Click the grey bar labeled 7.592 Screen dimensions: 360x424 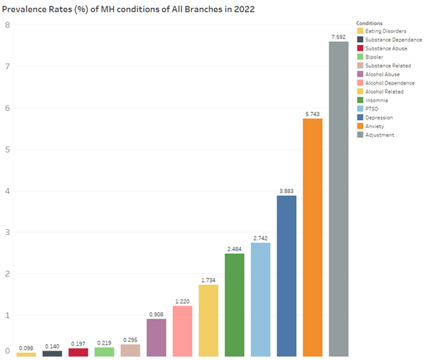point(339,200)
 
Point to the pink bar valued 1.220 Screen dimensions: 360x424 point(182,331)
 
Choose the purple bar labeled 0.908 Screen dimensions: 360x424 point(156,338)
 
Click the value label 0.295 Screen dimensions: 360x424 point(130,339)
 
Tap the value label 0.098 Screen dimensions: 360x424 point(26,347)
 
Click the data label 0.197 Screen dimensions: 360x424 point(78,343)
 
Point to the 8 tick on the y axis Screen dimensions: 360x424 point(7,25)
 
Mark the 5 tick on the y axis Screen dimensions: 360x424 point(7,150)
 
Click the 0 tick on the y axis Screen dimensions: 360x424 point(7,351)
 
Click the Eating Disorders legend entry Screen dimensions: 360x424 point(384,31)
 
